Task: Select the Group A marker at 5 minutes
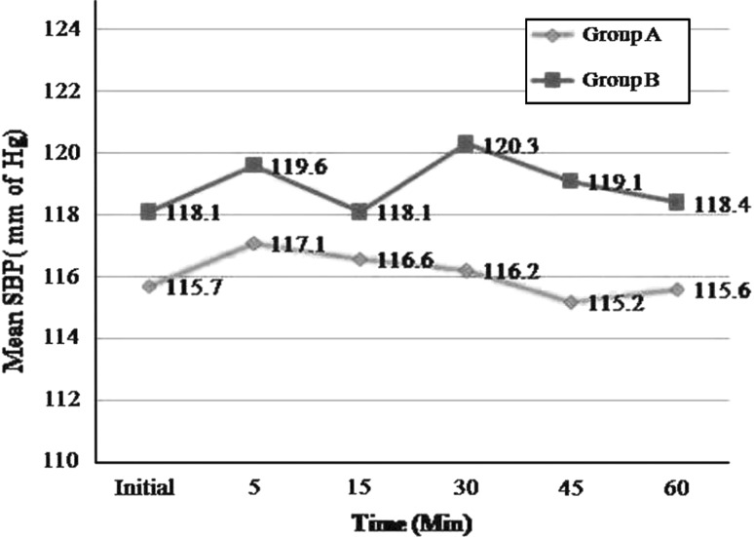253,243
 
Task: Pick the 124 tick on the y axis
64,29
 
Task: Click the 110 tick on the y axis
64,461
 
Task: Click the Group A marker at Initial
148,286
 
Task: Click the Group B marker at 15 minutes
359,211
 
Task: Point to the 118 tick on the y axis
64,214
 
